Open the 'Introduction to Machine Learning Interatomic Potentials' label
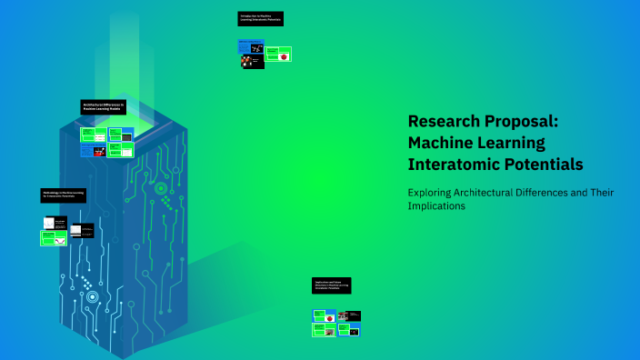point(261,18)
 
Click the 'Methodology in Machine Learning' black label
point(64,195)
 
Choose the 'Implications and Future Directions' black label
point(331,285)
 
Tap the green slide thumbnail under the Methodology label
point(53,238)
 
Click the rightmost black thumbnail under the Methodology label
point(82,231)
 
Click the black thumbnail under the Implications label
point(349,316)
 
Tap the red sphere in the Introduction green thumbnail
point(285,56)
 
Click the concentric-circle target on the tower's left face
point(92,296)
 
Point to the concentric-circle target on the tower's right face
point(160,188)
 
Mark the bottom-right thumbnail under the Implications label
point(349,330)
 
